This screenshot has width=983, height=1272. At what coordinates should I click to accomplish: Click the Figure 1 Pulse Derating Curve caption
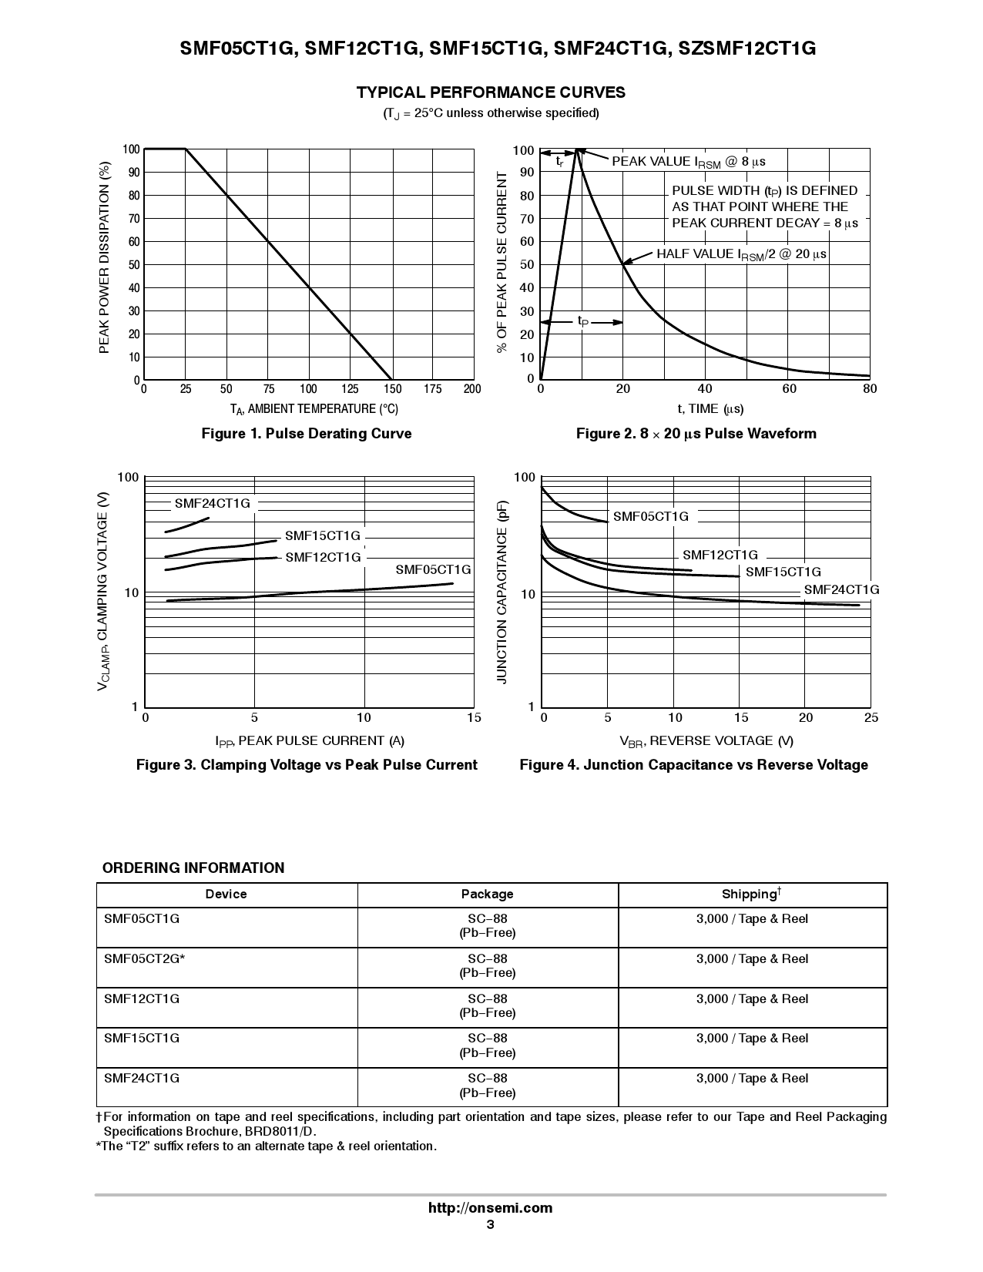coord(307,434)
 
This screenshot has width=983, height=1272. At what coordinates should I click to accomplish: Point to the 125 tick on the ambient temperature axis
coord(350,390)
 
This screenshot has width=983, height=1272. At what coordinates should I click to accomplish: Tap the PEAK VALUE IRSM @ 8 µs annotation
coord(688,162)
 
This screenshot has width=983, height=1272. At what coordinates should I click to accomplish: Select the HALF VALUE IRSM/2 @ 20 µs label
coord(741,254)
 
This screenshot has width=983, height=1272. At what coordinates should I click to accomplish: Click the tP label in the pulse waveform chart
coord(583,321)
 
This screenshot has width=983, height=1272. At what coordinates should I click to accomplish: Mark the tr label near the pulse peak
coord(560,162)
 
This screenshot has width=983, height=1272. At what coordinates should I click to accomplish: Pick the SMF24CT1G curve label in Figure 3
coord(213,504)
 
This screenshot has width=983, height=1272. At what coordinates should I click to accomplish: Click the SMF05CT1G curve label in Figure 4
coord(650,517)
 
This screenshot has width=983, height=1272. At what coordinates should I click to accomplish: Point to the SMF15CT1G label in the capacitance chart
coord(783,572)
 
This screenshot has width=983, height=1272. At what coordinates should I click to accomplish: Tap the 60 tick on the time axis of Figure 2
coord(789,390)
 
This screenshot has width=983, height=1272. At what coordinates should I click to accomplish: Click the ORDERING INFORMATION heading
coord(193,868)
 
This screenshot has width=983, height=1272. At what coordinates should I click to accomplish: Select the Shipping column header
coord(751,894)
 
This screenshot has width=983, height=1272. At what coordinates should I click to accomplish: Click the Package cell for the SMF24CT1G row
coord(488,1086)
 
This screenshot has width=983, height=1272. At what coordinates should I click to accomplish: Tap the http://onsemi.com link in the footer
coord(490,1208)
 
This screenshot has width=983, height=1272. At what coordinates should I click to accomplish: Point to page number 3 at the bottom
coord(490,1225)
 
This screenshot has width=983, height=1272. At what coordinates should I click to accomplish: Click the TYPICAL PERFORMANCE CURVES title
coord(491,93)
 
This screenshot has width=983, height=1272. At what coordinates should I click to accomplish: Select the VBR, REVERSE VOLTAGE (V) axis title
coord(706,741)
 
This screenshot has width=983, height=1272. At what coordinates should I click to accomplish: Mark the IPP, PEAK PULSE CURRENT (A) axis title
coord(309,741)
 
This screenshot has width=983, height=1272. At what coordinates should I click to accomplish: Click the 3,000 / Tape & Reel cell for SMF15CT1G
coord(752,1039)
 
